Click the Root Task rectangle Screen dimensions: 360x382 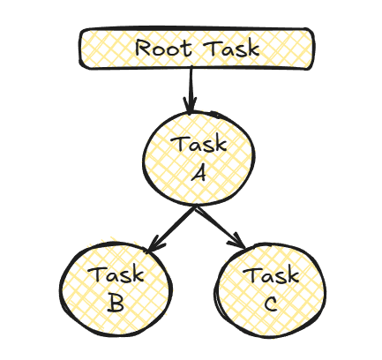pos(197,49)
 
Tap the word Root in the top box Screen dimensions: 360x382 pos(164,48)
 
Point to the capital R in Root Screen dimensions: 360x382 pos(144,48)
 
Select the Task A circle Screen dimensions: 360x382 pos(198,157)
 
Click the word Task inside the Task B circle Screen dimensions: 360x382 pos(116,276)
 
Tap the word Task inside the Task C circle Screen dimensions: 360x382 pos(271,276)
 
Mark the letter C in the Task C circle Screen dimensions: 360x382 pos(271,304)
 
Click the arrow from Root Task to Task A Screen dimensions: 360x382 pos(190,89)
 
